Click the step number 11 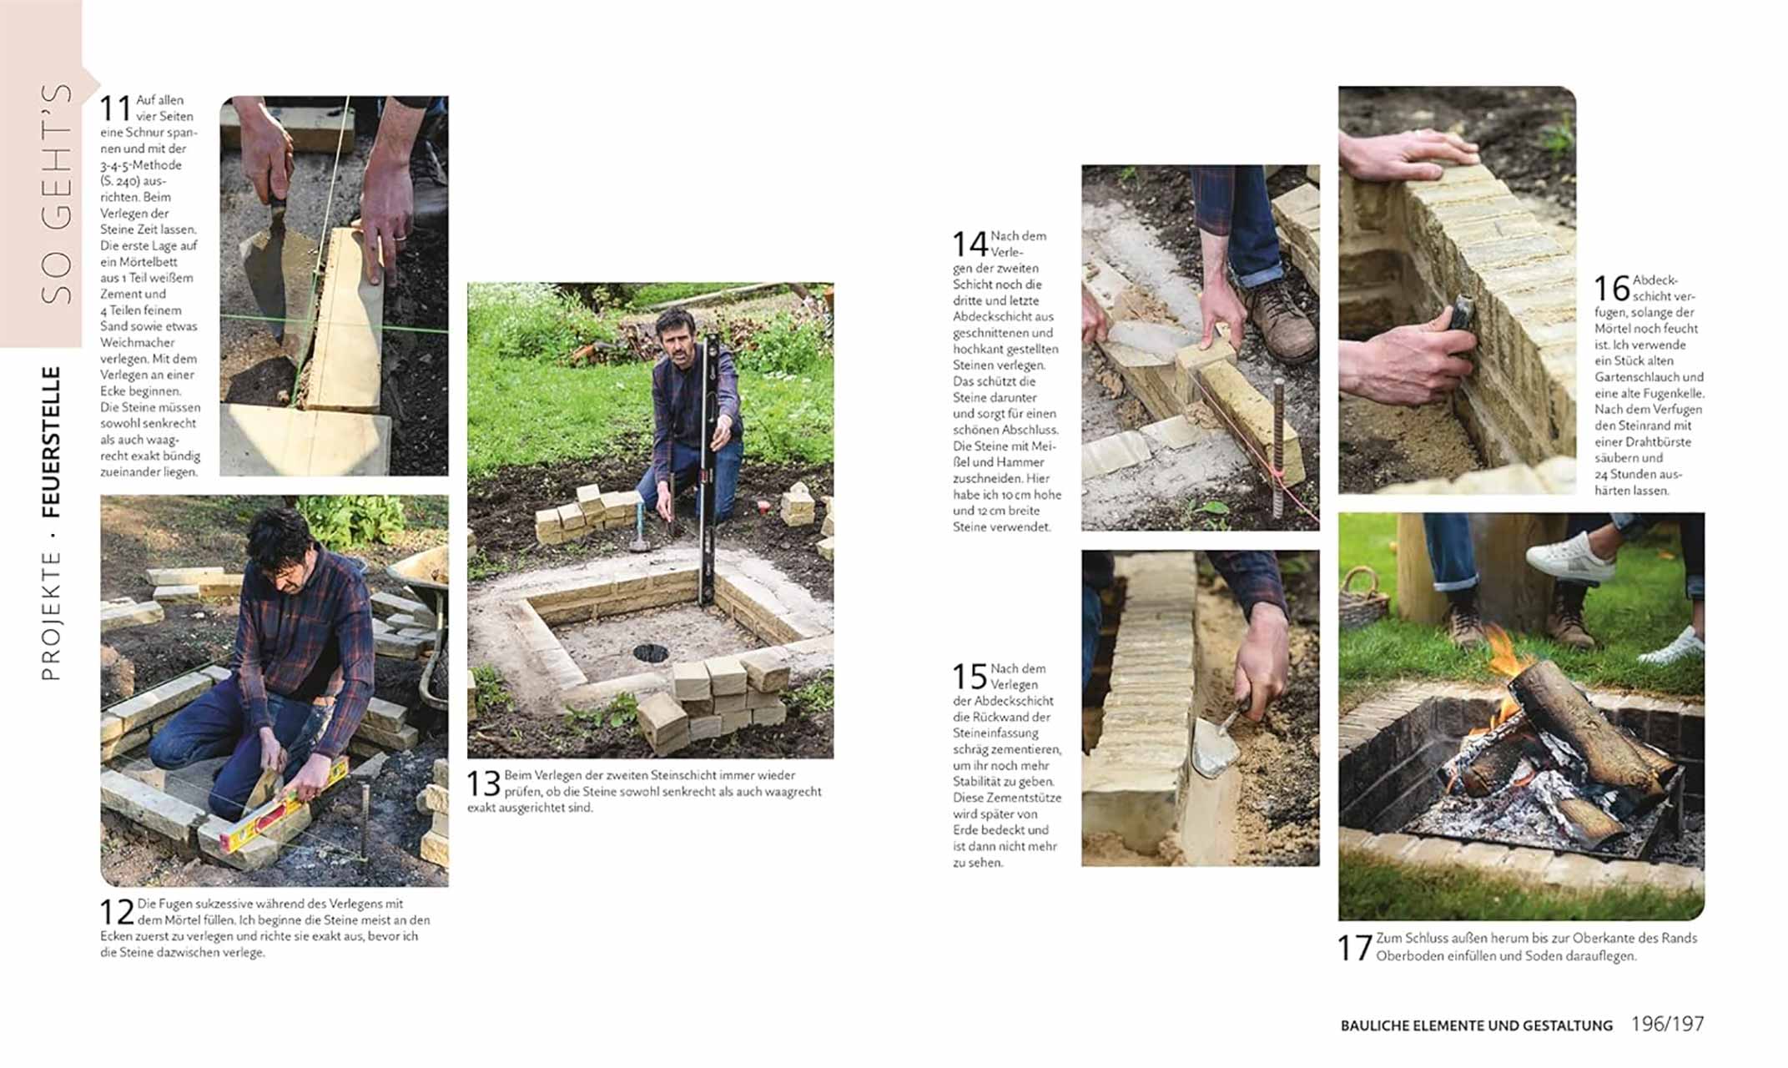[116, 109]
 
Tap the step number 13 [483, 783]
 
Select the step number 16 [1611, 289]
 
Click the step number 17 [1354, 948]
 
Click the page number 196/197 [1667, 1024]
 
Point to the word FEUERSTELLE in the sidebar [52, 441]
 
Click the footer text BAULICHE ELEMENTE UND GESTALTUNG [1476, 1025]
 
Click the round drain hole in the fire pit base [650, 653]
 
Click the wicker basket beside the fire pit [1362, 597]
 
